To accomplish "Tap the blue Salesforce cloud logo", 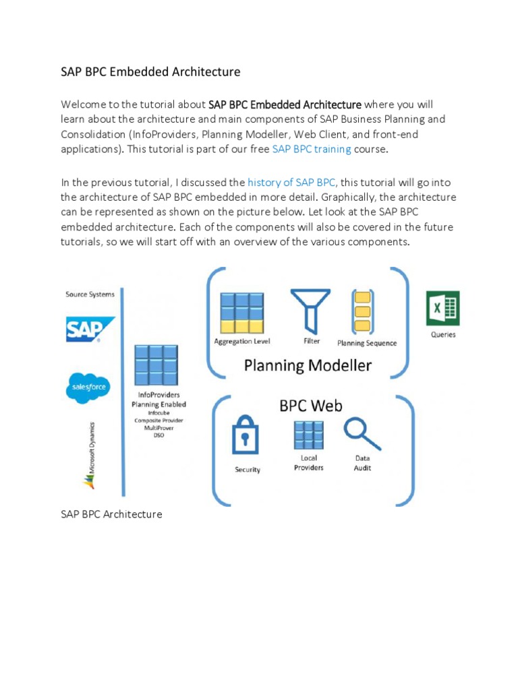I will coord(88,387).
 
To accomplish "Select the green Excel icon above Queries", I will coord(442,308).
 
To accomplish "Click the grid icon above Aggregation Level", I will coord(241,312).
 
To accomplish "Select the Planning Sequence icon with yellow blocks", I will coord(364,311).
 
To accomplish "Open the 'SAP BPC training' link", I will coord(311,149).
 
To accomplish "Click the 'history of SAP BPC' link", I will coord(291,182).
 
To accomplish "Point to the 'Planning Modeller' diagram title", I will coord(308,366).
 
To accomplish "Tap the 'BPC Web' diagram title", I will coord(311,406).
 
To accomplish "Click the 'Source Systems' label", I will coord(90,294).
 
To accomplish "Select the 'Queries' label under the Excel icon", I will coord(442,334).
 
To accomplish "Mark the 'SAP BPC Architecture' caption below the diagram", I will coord(111,514).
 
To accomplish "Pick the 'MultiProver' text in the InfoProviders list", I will coord(159,427).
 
